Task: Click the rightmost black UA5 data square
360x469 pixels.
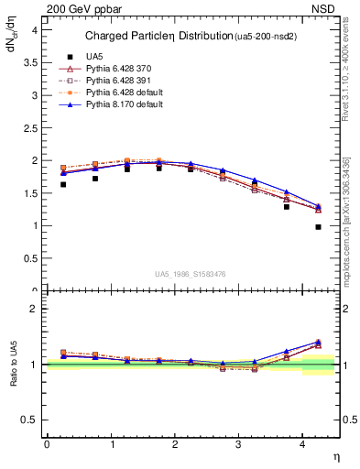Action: (x=318, y=226)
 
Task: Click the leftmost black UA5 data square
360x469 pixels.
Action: (x=62, y=184)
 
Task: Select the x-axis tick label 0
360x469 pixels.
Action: (x=47, y=444)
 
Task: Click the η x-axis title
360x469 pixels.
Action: (x=334, y=456)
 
